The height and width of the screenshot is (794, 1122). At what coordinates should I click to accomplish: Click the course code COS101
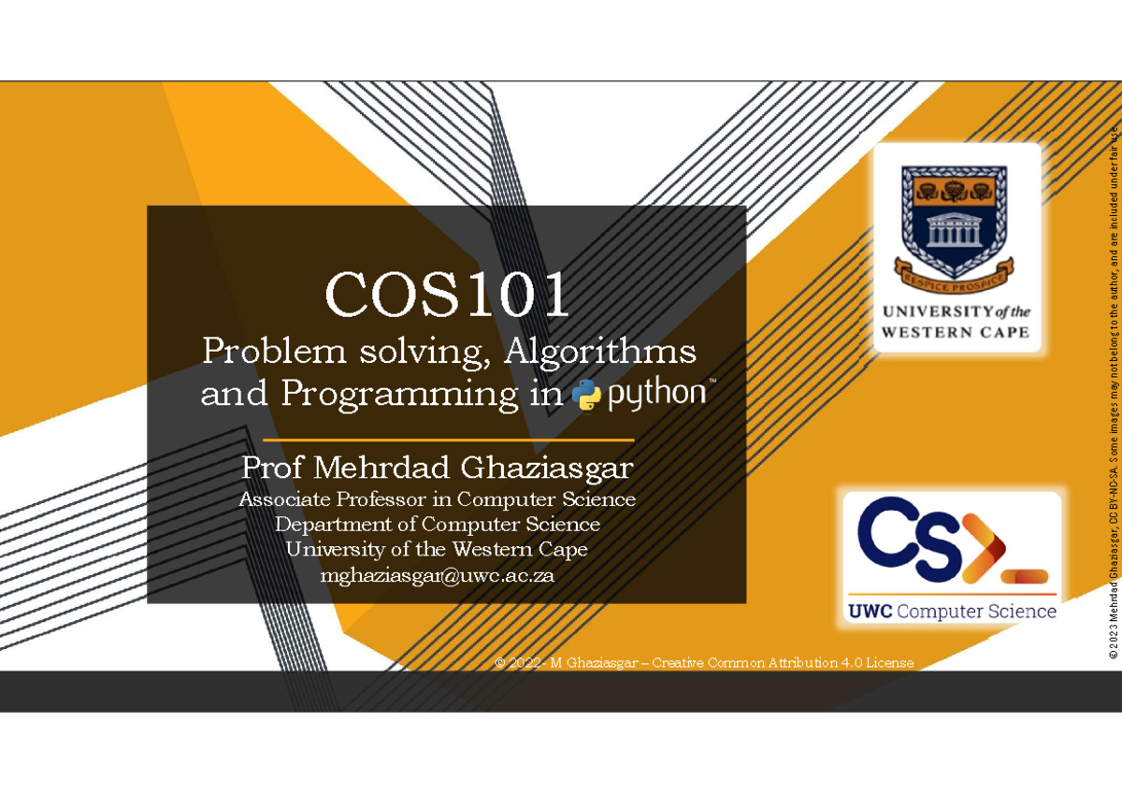447,294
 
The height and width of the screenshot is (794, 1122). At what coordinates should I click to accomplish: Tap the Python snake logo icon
586,395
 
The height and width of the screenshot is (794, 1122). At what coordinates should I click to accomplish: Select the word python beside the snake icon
657,394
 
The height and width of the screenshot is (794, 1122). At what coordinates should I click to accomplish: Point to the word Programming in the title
399,395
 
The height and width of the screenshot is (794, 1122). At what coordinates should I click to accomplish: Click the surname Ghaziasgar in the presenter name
547,469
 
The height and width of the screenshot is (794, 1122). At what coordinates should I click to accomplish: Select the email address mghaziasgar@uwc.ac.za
438,575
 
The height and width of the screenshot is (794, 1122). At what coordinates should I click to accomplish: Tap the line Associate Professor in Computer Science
438,499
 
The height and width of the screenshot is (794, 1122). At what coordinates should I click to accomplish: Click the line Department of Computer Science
438,524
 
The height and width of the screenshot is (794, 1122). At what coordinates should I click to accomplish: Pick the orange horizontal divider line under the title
448,440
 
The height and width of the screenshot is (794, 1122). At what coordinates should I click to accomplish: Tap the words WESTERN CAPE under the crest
955,332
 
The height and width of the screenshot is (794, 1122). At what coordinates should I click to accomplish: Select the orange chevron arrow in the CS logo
985,547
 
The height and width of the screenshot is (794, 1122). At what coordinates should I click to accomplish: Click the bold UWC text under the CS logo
870,612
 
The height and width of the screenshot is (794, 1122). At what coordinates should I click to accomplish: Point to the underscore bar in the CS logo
1025,576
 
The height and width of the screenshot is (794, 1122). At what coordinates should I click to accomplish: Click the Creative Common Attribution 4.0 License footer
704,663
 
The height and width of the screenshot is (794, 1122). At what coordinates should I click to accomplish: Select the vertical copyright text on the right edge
1113,392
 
